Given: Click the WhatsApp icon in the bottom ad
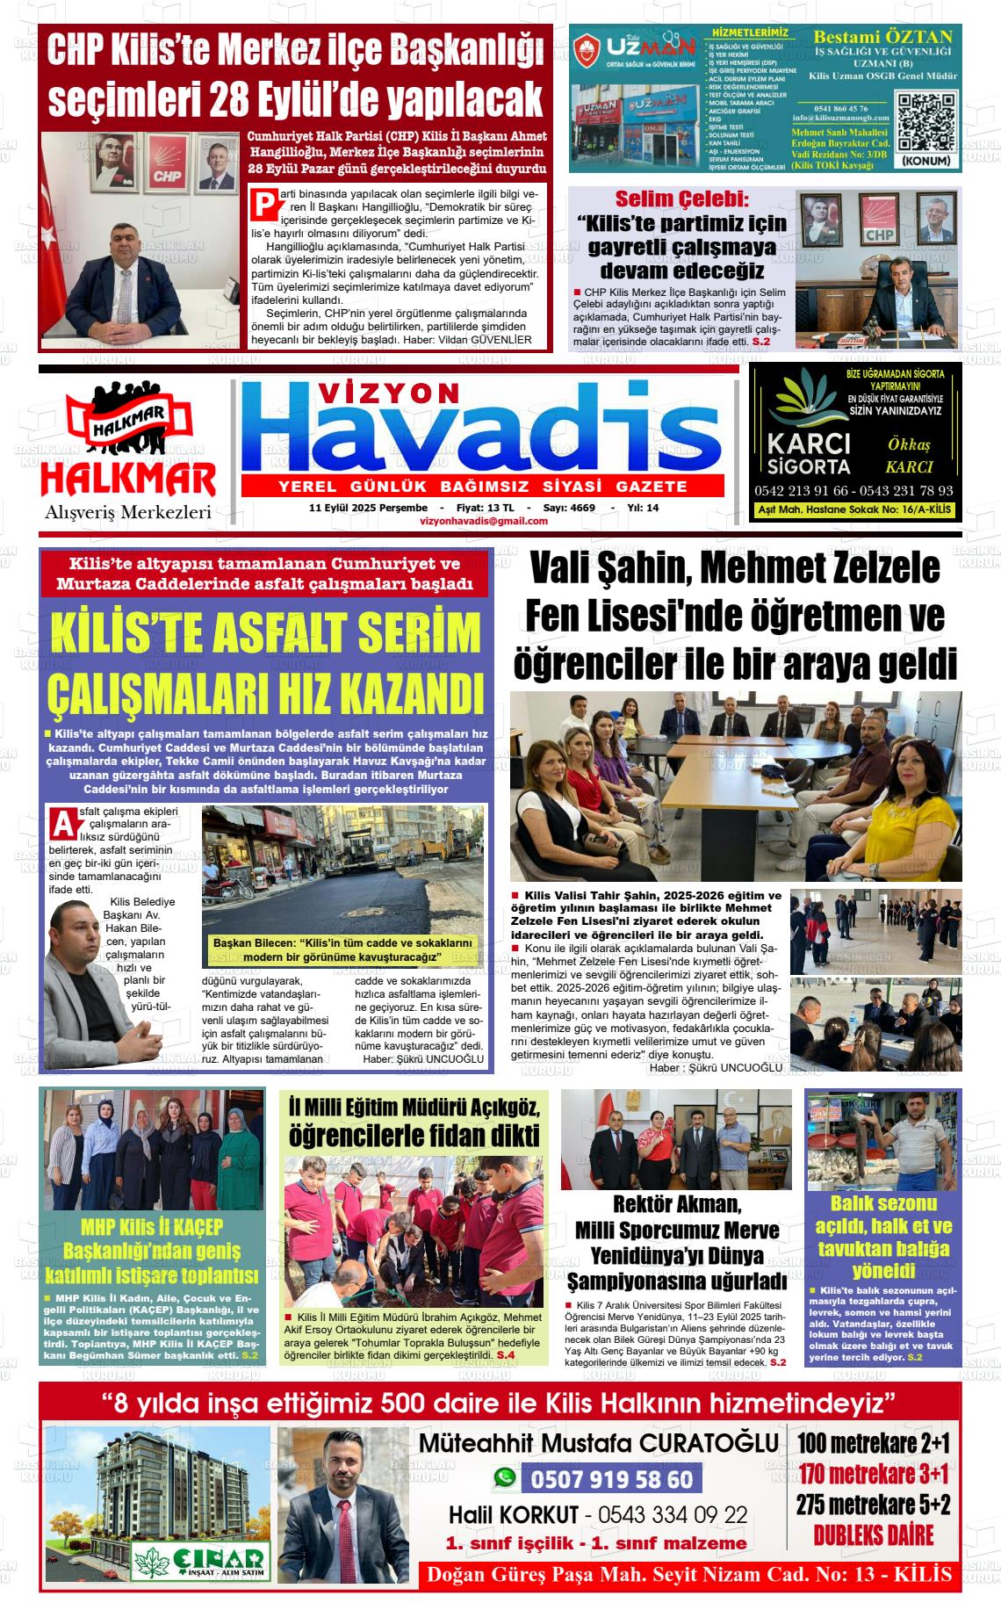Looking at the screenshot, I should (x=505, y=1479).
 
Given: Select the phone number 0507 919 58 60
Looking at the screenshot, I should (x=611, y=1480).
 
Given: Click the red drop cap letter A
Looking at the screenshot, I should (x=62, y=824).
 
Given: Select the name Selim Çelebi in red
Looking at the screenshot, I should (x=681, y=197).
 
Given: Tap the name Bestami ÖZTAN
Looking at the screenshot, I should (x=882, y=37).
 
